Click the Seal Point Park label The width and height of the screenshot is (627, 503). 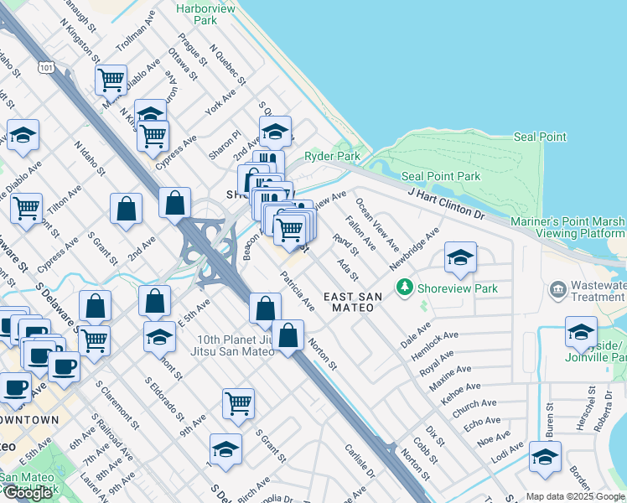tap(441, 176)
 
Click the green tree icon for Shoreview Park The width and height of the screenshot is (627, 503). tap(406, 288)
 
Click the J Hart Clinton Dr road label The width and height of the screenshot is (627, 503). tap(446, 204)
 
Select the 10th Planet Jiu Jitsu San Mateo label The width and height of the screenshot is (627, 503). tap(236, 345)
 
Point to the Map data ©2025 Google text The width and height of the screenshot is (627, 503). tap(575, 496)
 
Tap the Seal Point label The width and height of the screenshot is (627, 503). tap(540, 137)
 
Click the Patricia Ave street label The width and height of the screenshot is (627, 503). tap(298, 291)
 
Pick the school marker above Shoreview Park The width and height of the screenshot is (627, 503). tap(459, 259)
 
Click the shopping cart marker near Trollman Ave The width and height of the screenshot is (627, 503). tap(111, 80)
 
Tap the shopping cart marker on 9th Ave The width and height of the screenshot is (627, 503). tap(239, 403)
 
